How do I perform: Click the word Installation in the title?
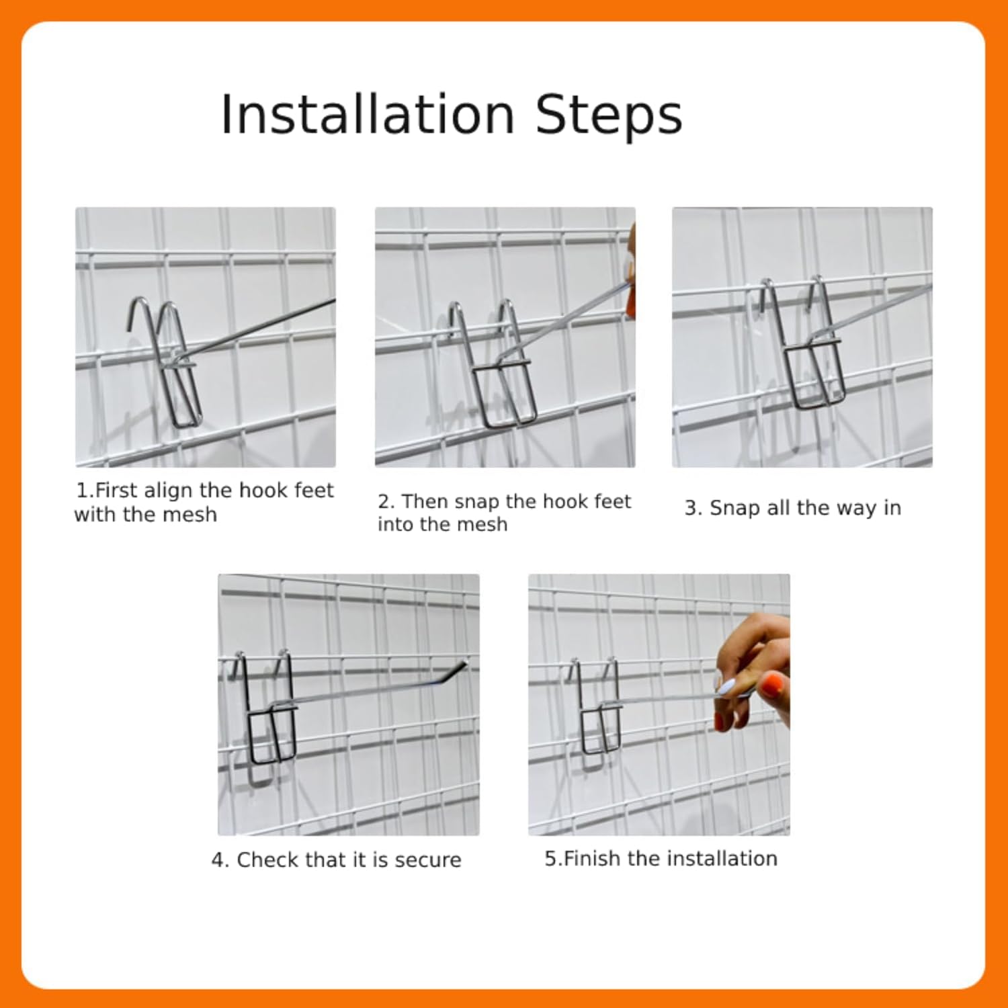point(368,114)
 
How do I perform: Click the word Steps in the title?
point(609,114)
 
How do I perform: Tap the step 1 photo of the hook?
point(206,337)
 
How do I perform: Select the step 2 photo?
point(505,337)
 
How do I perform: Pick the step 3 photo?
point(802,337)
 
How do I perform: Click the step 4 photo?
point(349,705)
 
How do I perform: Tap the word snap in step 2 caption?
point(477,503)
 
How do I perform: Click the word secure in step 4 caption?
point(428,860)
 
